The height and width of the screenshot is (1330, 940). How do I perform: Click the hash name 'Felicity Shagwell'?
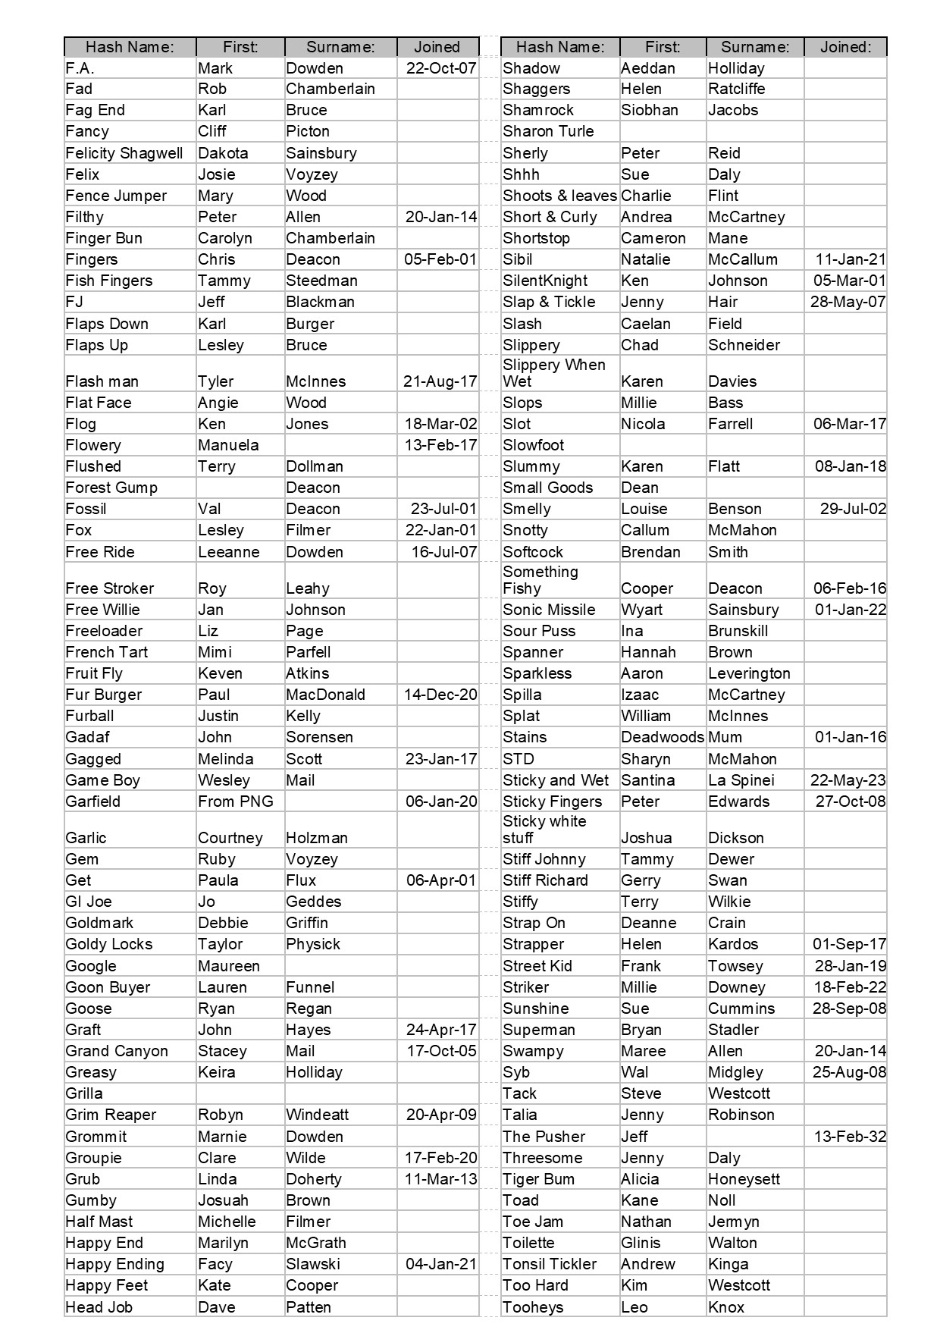tap(124, 153)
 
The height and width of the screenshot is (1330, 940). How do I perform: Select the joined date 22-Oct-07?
tap(440, 68)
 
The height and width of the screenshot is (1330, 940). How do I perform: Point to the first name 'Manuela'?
tap(228, 445)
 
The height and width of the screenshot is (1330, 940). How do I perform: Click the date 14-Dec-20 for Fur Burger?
tap(440, 695)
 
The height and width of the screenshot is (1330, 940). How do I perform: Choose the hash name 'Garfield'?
tap(93, 801)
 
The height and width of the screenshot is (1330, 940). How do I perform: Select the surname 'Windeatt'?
tap(318, 1115)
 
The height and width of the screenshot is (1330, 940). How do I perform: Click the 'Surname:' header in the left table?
tap(340, 47)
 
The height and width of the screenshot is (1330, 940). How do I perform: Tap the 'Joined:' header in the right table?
tap(845, 47)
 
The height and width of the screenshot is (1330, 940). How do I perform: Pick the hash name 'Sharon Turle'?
tap(548, 131)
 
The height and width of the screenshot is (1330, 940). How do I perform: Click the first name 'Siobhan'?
tap(650, 110)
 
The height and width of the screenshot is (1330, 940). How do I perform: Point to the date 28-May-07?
tap(848, 302)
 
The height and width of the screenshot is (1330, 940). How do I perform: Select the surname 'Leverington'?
tap(749, 673)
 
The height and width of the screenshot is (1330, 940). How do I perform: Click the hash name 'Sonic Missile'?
tap(549, 610)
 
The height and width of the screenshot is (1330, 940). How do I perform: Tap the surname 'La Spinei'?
tap(741, 780)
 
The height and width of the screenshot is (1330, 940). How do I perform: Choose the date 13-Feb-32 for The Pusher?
tap(850, 1137)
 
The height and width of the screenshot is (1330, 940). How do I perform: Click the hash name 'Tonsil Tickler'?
tap(550, 1264)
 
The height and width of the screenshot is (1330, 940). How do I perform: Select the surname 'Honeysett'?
tap(744, 1179)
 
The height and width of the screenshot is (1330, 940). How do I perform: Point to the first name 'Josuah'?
tap(223, 1200)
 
